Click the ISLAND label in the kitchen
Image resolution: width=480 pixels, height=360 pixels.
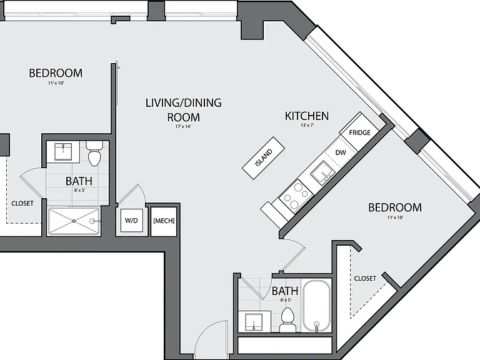click(263, 158)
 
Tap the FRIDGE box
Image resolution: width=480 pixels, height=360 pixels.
click(359, 132)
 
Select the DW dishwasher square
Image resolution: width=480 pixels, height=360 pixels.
click(341, 152)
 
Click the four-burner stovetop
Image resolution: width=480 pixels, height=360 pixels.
click(296, 196)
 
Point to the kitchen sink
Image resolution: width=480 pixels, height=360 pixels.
click(323, 173)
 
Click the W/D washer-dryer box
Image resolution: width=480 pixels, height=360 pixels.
click(131, 221)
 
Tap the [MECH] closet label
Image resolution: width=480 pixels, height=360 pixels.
click(164, 221)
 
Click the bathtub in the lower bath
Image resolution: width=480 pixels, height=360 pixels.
click(316, 306)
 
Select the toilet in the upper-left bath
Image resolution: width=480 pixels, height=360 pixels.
click(94, 153)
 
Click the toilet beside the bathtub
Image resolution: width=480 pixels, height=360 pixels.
click(287, 319)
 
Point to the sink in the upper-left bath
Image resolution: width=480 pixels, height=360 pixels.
click(63, 151)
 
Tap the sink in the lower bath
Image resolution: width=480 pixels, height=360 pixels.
click(254, 322)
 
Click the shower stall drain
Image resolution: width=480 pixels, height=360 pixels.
click(74, 221)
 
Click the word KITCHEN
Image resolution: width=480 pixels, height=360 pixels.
click(307, 116)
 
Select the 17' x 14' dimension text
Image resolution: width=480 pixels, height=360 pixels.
click(183, 126)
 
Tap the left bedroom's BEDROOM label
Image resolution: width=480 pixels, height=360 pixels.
click(56, 73)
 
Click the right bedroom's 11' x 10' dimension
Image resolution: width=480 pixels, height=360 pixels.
click(395, 217)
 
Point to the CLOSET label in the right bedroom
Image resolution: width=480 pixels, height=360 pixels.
click(365, 278)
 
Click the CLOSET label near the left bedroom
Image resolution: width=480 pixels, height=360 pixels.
click(22, 203)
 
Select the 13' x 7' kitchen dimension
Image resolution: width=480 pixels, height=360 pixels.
click(307, 125)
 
